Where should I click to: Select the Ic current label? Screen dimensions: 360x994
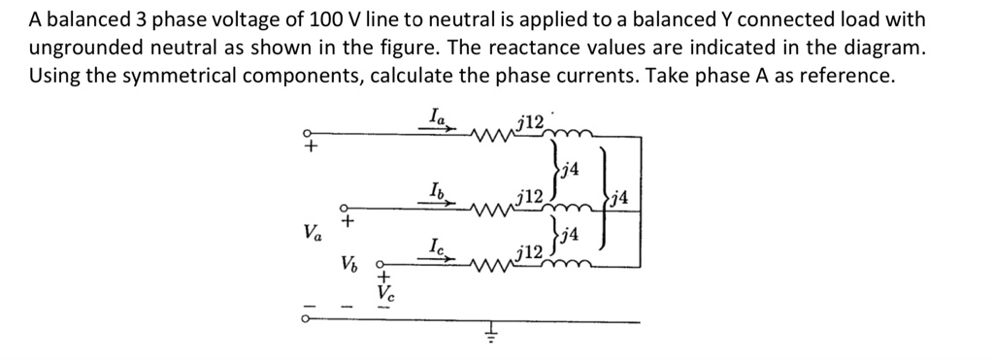pos(438,247)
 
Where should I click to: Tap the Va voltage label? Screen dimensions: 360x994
pos(312,233)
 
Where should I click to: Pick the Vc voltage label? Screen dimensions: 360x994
pos(385,292)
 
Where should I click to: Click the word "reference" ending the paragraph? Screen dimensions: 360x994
pos(848,76)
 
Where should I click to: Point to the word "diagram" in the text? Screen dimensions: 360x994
pos(878,47)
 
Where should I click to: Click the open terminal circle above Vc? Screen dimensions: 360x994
pos(380,263)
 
